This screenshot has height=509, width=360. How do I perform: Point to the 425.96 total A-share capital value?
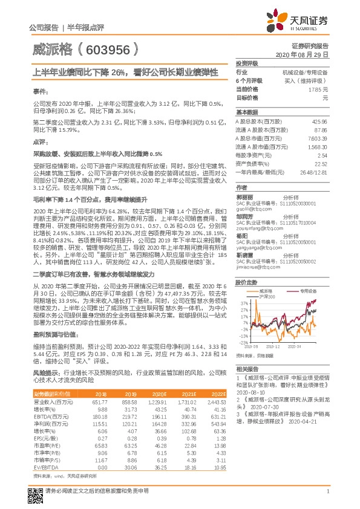[318, 122]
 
